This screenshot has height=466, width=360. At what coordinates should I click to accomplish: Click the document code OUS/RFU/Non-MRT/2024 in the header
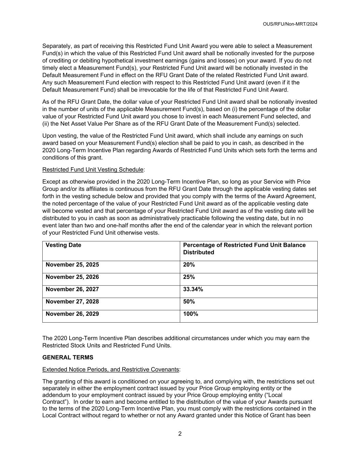290,24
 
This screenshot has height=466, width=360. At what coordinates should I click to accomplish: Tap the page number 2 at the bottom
180,434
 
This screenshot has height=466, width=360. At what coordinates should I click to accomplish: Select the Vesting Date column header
63,245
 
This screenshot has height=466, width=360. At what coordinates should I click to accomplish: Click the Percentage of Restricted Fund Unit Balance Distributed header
244,249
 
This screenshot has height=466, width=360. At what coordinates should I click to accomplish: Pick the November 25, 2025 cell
72,265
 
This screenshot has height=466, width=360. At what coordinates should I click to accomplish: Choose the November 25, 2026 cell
72,277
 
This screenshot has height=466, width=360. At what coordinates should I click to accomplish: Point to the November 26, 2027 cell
72,289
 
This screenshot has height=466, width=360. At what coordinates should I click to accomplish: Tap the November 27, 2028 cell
72,301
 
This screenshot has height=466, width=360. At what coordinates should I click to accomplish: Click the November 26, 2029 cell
72,314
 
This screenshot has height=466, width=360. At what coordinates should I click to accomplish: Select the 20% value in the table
189,265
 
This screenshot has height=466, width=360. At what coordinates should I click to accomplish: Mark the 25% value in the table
189,277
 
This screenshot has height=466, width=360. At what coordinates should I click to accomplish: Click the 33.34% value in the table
193,289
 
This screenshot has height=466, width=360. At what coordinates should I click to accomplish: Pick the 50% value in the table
189,301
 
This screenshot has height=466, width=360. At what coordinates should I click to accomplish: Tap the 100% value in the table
191,314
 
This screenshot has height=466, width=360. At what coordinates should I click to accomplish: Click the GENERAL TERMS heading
68,357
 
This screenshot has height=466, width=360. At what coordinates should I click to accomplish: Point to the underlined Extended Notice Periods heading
111,369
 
